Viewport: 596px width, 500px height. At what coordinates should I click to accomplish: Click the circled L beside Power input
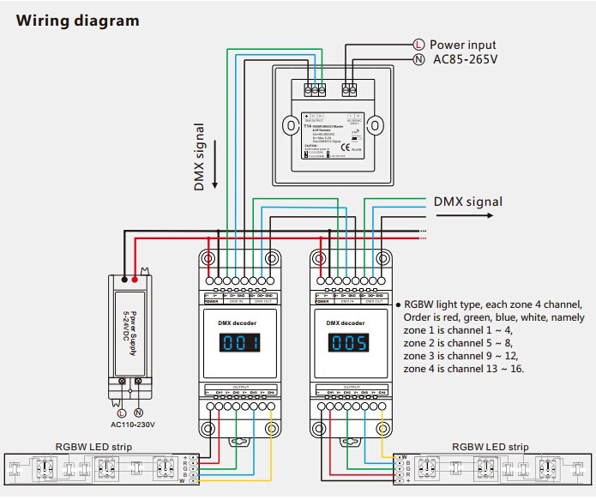coord(418,45)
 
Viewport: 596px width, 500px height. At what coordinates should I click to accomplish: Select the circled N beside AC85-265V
coord(418,60)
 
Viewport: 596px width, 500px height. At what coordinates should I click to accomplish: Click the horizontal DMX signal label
coord(467,202)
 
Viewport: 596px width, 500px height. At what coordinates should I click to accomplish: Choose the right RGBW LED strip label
coord(494,447)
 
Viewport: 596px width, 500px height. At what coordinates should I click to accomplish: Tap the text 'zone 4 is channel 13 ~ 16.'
coord(464,369)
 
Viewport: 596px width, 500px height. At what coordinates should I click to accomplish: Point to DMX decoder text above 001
coord(239,322)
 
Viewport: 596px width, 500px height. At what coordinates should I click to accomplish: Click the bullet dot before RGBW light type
coord(397,305)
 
